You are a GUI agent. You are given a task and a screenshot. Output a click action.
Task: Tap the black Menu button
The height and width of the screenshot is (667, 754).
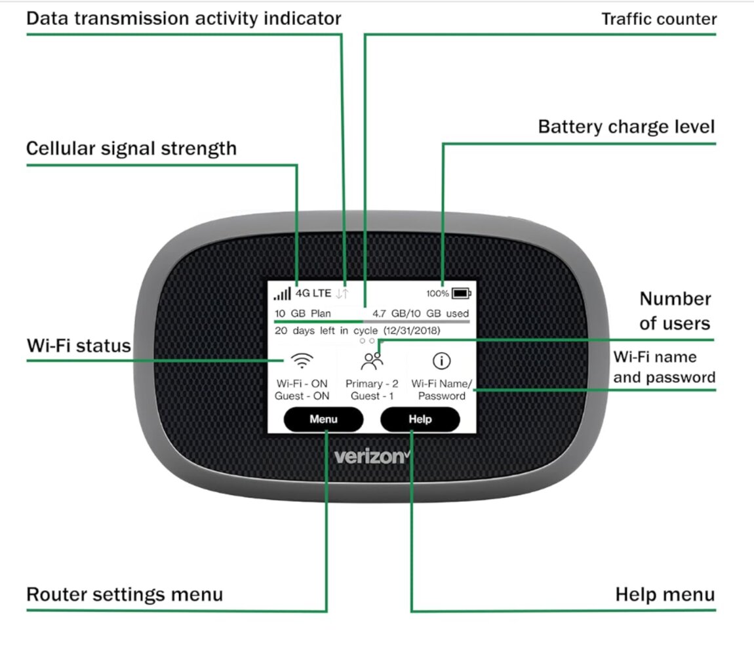(x=323, y=420)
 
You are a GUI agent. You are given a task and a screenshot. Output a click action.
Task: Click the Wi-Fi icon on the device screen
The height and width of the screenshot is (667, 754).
(x=302, y=361)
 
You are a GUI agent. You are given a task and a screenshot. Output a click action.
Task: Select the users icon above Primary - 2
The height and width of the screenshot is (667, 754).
(x=372, y=360)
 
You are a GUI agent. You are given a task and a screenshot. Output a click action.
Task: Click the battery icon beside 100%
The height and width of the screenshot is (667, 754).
(x=461, y=293)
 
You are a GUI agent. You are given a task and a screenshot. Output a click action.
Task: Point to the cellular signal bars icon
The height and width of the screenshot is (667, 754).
(x=283, y=294)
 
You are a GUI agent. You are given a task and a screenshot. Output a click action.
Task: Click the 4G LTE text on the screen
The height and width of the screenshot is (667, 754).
(x=313, y=293)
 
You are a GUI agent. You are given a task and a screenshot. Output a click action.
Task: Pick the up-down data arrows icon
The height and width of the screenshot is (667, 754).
(x=342, y=294)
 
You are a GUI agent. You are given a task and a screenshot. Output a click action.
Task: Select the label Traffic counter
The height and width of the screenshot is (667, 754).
(x=659, y=19)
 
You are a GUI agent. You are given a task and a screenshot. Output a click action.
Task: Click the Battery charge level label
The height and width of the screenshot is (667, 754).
(x=626, y=127)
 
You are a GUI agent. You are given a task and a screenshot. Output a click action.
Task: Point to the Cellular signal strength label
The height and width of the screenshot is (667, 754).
(x=131, y=148)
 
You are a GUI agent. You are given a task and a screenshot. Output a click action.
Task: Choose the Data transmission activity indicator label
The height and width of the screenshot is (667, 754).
(x=184, y=18)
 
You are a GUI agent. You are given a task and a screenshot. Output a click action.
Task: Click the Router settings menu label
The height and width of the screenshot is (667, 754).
(x=125, y=594)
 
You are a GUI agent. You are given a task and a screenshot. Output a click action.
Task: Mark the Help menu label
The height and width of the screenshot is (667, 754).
(x=665, y=594)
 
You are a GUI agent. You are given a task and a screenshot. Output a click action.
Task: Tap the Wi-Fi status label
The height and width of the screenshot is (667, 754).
(x=79, y=346)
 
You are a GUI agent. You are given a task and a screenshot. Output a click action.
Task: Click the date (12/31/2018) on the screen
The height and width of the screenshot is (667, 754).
(x=412, y=331)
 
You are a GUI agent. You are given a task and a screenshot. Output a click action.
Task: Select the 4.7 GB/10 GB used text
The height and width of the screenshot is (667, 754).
(x=420, y=313)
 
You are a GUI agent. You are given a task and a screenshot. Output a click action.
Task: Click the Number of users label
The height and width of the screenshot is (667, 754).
(x=675, y=311)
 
